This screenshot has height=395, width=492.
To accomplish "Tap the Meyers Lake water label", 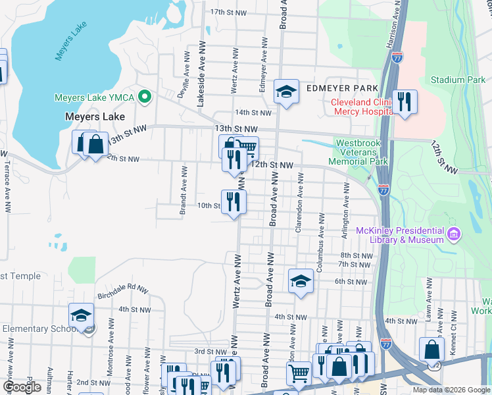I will tap(72, 45).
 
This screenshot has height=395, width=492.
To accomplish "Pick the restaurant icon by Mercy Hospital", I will tap(405, 102).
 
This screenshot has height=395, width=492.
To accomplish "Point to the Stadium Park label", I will tap(458, 80).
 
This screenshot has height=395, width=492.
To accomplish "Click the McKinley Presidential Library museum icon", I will tap(453, 234).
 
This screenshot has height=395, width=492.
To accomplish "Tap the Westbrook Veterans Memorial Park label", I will tap(362, 152).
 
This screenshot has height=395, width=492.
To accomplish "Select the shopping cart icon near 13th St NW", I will tap(247, 148).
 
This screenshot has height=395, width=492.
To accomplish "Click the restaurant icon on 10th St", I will tap(234, 201).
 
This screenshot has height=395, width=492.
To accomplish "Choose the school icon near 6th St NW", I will tap(301, 281).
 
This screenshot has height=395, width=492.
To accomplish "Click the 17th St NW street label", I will tap(228, 12).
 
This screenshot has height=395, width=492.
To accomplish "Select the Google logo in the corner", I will tap(22, 386).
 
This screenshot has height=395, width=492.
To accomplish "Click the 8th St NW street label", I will tap(356, 255).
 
